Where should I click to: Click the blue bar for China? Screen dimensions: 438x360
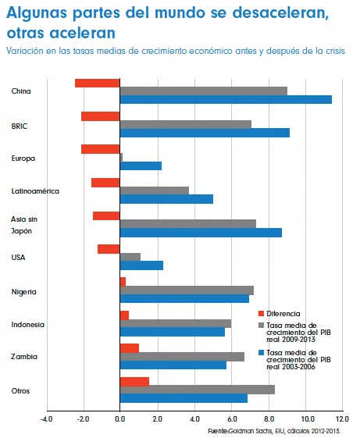226,99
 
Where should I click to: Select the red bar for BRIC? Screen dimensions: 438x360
100,116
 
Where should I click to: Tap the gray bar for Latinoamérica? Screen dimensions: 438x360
154,191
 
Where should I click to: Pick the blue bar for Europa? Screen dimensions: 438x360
141,166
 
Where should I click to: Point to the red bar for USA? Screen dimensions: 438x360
109,249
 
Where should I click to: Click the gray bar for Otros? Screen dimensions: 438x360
197,390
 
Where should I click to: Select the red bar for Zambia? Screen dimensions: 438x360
129,348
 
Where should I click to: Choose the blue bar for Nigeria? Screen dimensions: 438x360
184,299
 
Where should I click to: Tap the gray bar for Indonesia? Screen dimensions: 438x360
175,323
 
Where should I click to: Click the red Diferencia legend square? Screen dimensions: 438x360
261,312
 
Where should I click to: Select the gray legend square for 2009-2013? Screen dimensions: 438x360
261,325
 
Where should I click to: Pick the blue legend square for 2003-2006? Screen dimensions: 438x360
261,353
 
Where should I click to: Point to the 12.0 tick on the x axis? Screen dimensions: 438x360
341,419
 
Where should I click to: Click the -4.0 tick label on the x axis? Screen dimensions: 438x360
46,419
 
